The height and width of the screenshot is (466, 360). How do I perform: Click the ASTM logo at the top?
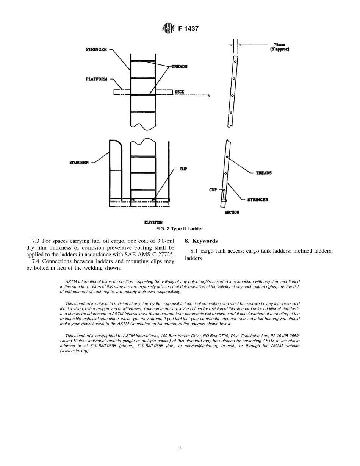(168, 28)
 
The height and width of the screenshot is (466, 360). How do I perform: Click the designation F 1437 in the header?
(188, 28)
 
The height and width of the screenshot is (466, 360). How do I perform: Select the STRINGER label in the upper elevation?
(96, 50)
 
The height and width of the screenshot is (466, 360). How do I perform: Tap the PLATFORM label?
(96, 79)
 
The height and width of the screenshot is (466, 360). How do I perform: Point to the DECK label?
(179, 92)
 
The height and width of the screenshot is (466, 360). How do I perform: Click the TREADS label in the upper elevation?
(179, 66)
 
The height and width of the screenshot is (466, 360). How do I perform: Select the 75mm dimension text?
(279, 44)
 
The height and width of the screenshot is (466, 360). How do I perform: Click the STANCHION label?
(79, 163)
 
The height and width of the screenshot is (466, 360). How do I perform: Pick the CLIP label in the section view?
(213, 189)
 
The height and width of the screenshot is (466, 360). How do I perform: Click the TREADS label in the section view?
(263, 173)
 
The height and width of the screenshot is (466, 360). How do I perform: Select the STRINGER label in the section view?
(258, 200)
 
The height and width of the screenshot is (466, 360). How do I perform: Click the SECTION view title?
(232, 213)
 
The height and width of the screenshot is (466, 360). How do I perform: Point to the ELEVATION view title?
(153, 222)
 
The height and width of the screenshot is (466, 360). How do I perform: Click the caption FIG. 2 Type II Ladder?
(180, 229)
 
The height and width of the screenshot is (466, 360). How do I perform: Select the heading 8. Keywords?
(201, 241)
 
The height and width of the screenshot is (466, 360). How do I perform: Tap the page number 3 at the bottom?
(180, 447)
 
